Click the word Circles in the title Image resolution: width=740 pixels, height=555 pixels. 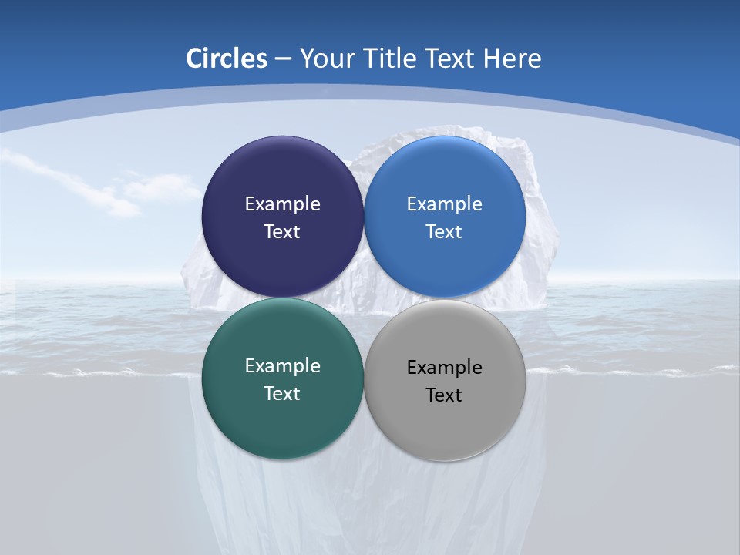coord(226,59)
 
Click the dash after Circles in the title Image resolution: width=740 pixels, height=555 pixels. coord(283,59)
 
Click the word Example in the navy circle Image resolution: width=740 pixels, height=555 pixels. coord(282,204)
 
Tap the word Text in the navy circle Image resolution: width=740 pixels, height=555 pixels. coord(282,232)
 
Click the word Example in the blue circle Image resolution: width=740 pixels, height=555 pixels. coord(444,204)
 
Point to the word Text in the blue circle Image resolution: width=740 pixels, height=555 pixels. coord(444,232)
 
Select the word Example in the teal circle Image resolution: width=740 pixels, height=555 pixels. coord(282,366)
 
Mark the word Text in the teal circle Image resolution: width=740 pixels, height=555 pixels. coord(282,394)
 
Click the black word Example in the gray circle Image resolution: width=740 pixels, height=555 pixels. coord(444,368)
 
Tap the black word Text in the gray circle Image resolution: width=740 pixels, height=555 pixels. coord(444,395)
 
